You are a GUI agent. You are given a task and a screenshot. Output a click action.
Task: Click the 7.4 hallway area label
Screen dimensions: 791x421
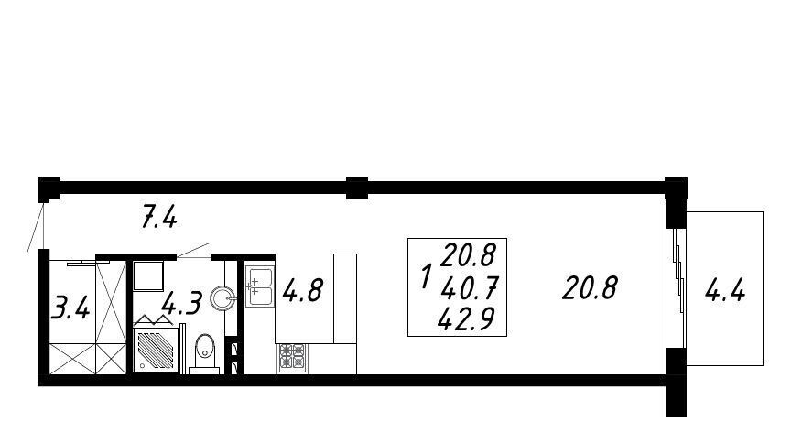click(159, 219)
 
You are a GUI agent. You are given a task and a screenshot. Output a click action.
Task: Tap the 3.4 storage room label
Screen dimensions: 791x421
click(71, 308)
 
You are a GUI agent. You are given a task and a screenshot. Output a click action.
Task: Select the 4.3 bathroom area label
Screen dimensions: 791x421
click(182, 303)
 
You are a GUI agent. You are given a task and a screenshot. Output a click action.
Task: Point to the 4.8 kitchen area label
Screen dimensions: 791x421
click(302, 290)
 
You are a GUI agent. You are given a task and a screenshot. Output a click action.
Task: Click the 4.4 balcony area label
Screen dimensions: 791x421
click(725, 291)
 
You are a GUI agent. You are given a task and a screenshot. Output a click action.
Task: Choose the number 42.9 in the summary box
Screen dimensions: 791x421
click(466, 318)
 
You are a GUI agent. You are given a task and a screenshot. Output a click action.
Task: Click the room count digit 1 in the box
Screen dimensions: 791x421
click(427, 276)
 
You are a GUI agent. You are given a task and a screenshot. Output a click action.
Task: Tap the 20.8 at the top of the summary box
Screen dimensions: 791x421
click(469, 254)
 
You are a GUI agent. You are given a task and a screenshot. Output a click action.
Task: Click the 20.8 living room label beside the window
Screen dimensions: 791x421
click(591, 288)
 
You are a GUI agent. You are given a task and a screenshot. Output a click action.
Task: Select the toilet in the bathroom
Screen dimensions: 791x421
click(204, 353)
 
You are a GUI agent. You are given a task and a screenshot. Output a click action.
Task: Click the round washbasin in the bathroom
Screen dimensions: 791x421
click(222, 298)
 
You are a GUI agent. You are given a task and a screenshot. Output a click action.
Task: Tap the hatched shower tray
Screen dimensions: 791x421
click(156, 351)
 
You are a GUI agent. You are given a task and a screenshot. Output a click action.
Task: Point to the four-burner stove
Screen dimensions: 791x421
click(292, 358)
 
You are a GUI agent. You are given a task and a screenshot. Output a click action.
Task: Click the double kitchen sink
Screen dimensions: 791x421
click(260, 286)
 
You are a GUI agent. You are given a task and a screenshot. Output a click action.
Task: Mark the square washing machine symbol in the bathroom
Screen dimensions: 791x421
click(148, 275)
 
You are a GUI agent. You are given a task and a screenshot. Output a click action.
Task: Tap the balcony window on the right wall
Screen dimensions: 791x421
click(677, 288)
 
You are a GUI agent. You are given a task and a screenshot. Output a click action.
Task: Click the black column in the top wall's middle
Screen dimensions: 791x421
click(357, 187)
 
